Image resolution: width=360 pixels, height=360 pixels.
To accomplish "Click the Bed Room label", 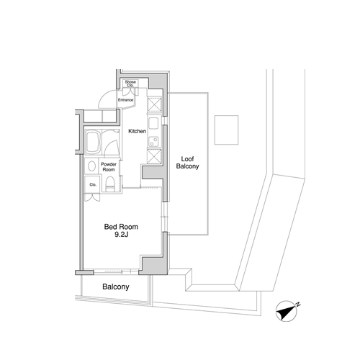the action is pyautogui.click(x=121, y=227).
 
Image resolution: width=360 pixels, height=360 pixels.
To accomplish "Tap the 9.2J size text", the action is pyautogui.click(x=122, y=235).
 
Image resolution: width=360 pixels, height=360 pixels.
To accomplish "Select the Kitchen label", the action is pyautogui.click(x=138, y=131).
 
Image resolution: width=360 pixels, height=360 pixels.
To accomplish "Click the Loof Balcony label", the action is pyautogui.click(x=187, y=163).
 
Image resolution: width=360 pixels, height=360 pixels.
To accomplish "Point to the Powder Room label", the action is pyautogui.click(x=109, y=167).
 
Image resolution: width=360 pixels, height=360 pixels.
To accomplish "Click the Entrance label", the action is pyautogui.click(x=125, y=100).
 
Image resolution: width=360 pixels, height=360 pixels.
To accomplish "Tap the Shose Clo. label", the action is pyautogui.click(x=130, y=84).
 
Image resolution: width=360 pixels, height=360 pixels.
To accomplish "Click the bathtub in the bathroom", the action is pyautogui.click(x=93, y=143).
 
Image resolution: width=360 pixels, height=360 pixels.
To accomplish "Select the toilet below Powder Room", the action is pyautogui.click(x=110, y=184).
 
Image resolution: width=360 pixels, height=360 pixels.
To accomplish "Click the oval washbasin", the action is pyautogui.click(x=91, y=166).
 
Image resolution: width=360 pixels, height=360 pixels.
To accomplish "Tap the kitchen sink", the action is pyautogui.click(x=153, y=124).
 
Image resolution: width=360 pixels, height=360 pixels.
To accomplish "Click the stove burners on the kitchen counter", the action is pyautogui.click(x=153, y=141).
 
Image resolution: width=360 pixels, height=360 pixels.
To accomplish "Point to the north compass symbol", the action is pyautogui.click(x=287, y=311).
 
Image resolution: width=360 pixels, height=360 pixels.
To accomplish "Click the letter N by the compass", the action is pyautogui.click(x=298, y=305).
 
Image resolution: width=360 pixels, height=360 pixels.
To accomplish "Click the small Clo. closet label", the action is pyautogui.click(x=93, y=184).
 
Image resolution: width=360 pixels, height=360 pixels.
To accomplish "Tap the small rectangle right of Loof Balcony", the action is pyautogui.click(x=226, y=130).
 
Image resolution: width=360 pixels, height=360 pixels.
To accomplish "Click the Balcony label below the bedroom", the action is pyautogui.click(x=116, y=287).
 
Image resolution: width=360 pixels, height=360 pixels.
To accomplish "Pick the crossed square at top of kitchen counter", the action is pyautogui.click(x=154, y=104).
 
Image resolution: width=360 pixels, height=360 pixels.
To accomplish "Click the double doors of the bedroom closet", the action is pyautogui.click(x=92, y=197).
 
